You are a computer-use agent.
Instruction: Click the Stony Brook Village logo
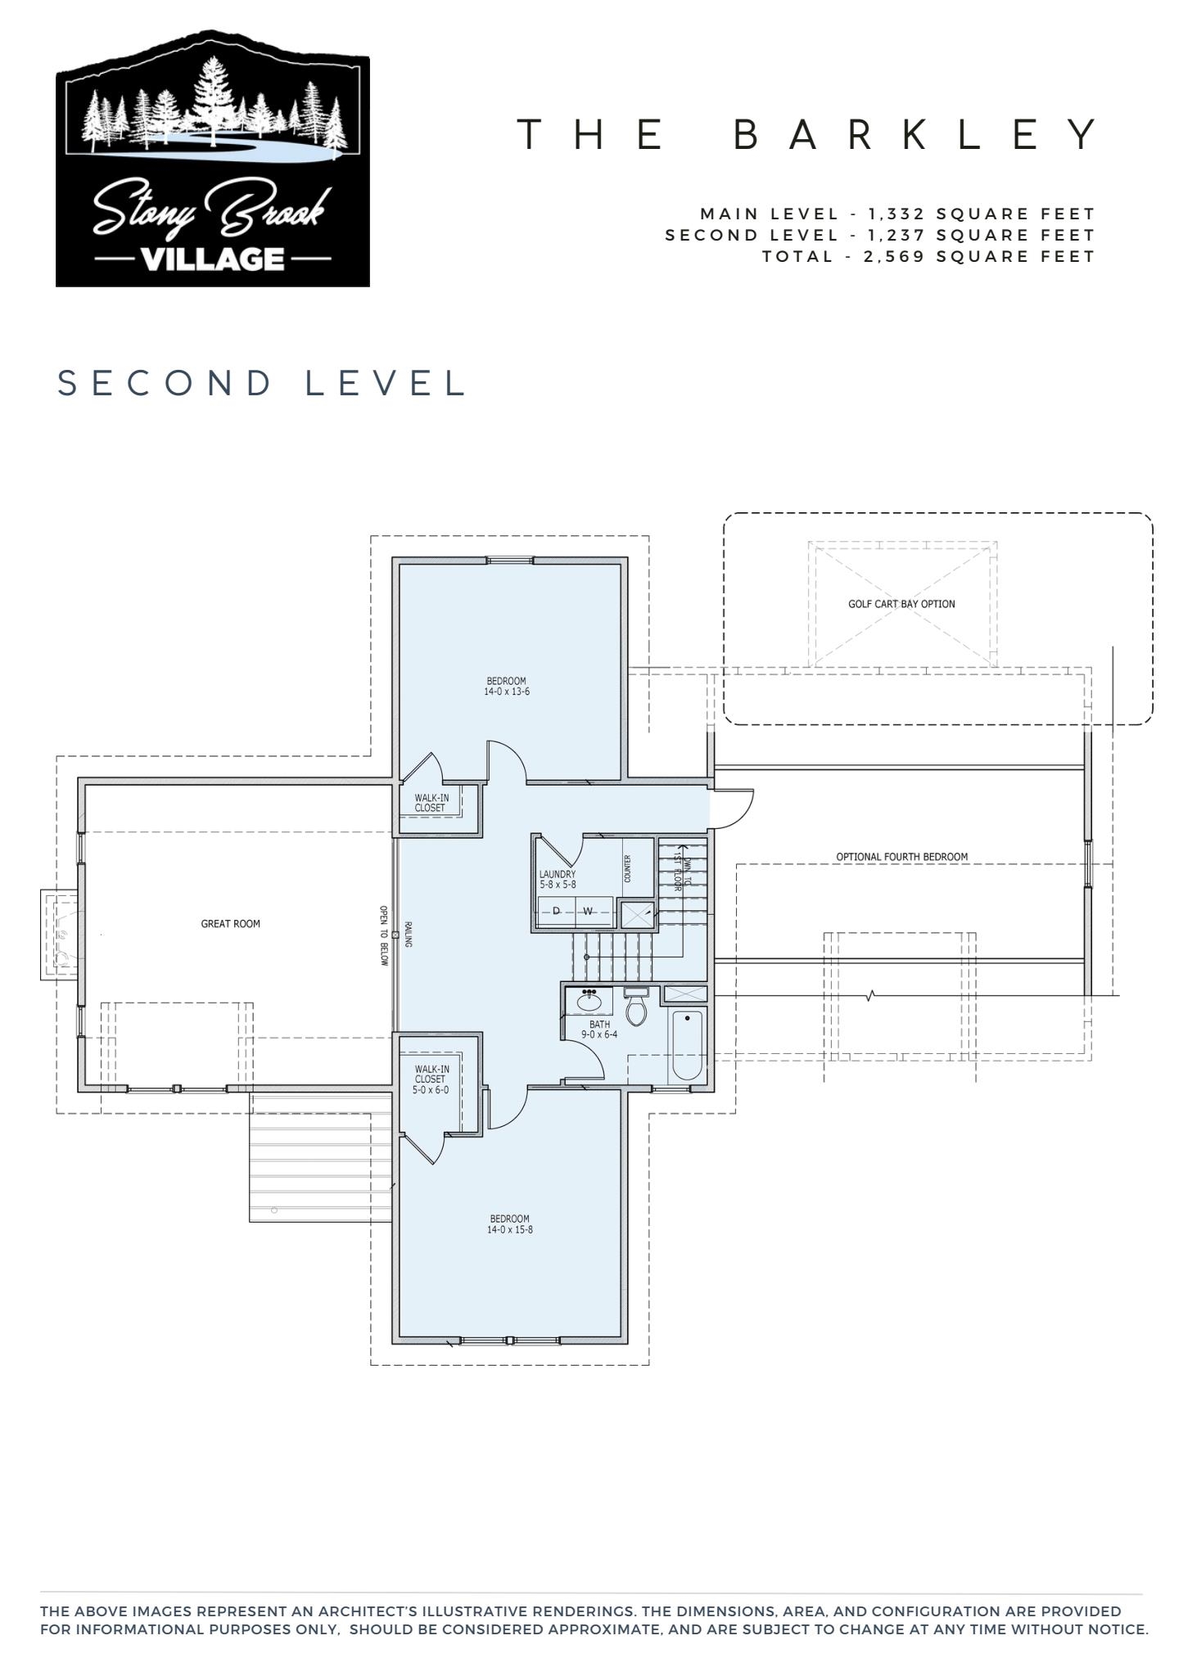click(x=213, y=160)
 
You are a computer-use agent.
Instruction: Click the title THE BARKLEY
click(x=809, y=134)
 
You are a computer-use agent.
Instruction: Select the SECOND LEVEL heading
click(x=262, y=383)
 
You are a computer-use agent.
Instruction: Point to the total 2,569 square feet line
click(x=928, y=256)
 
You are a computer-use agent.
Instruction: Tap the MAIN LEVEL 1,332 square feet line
click(x=897, y=214)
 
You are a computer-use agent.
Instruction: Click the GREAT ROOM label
click(x=231, y=924)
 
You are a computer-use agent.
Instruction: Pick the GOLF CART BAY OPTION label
click(x=901, y=604)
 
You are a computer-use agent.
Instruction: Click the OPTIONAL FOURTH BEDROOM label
click(x=901, y=857)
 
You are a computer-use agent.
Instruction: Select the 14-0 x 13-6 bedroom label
click(x=507, y=687)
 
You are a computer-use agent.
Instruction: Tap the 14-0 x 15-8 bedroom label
click(x=509, y=1224)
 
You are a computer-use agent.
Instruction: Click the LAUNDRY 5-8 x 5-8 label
click(x=558, y=880)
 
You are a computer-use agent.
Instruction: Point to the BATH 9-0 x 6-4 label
click(x=599, y=1029)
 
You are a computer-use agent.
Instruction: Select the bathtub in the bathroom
click(x=687, y=1046)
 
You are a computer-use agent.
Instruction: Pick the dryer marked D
click(x=557, y=911)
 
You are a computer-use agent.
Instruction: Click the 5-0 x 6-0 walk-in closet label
click(x=431, y=1079)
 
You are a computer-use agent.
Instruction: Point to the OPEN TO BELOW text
click(x=383, y=935)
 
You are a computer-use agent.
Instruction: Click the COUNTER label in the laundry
click(x=628, y=868)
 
